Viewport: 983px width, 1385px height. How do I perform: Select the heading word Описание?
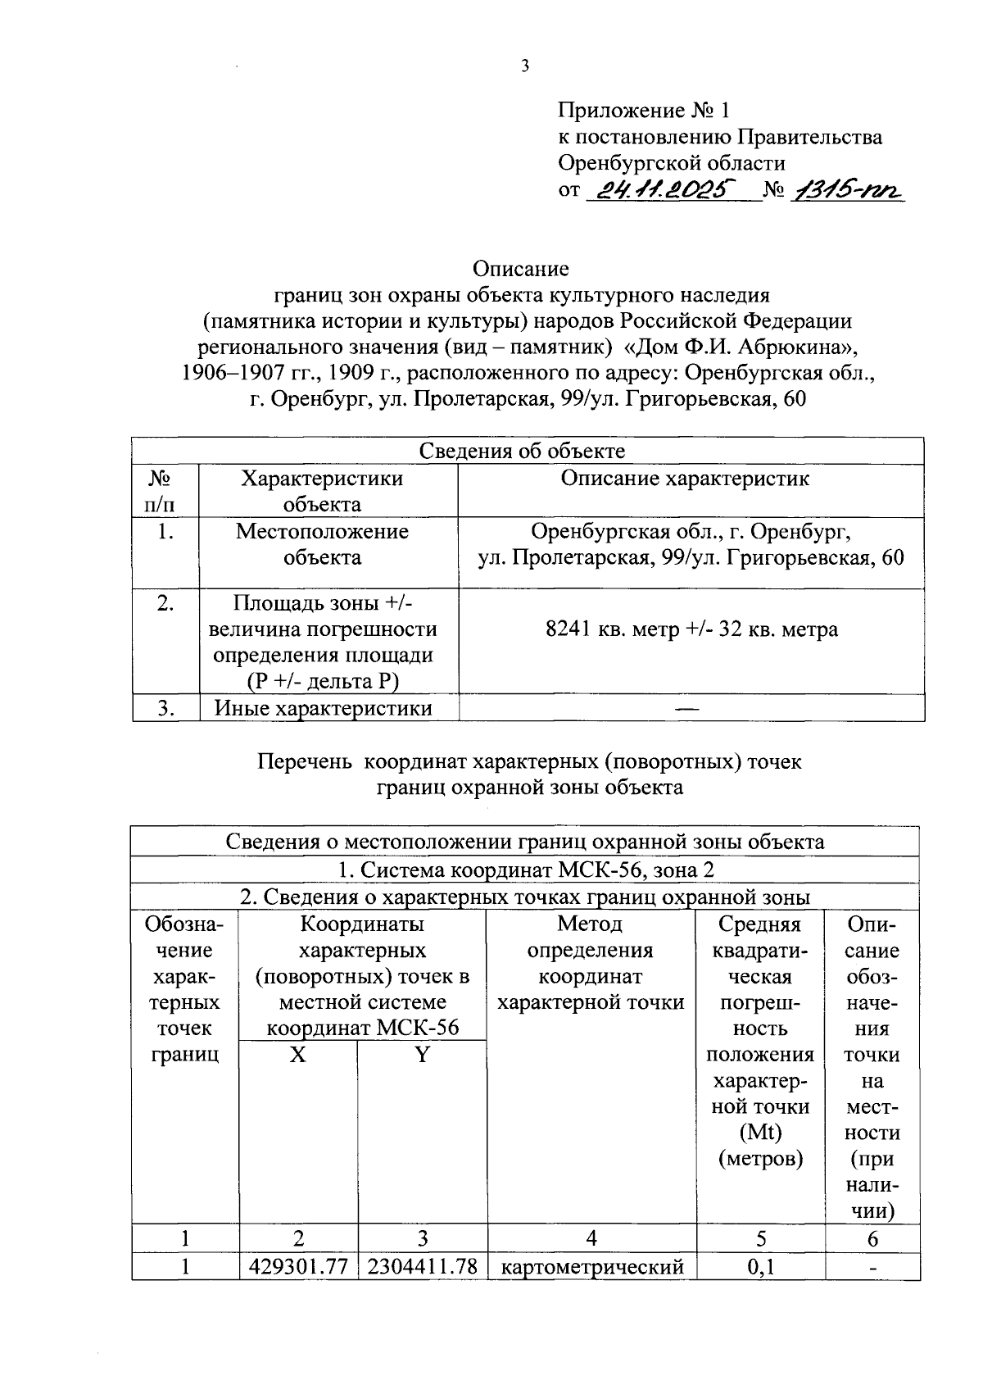(520, 268)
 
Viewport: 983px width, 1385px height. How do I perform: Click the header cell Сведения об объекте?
(522, 451)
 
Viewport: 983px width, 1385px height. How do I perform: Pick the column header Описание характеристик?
(685, 479)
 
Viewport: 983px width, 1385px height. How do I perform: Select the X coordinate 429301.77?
(298, 1266)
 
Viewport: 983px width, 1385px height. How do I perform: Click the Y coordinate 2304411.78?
(422, 1266)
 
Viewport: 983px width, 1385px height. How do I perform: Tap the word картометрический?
(591, 1267)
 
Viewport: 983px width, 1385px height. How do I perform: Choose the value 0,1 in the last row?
(760, 1267)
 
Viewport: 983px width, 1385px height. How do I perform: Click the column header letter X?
(297, 1055)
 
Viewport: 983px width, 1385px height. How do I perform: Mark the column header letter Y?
(421, 1055)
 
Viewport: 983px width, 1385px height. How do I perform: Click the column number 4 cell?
(591, 1238)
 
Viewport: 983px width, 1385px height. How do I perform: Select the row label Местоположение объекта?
(322, 544)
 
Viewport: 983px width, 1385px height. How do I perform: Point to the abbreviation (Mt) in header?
(759, 1133)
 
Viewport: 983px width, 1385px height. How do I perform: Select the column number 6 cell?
(872, 1238)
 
